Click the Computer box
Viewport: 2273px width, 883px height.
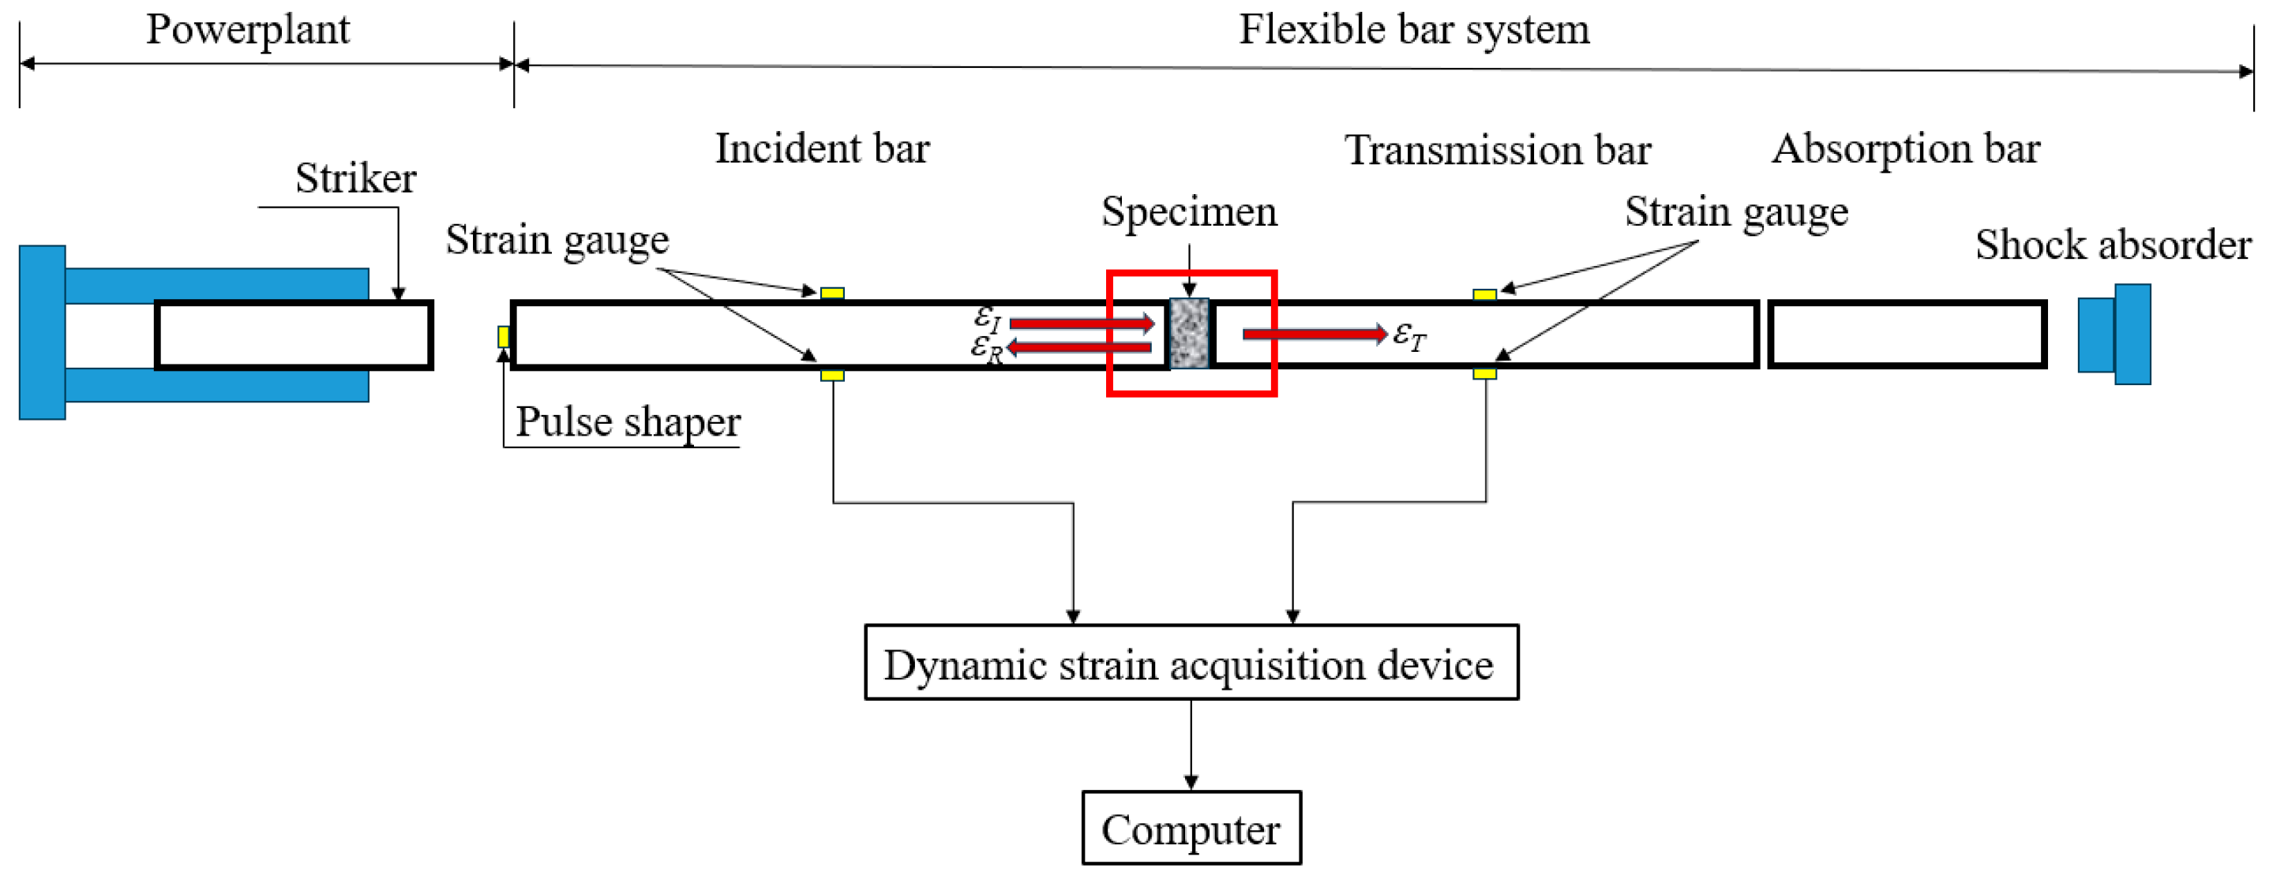pyautogui.click(x=1191, y=828)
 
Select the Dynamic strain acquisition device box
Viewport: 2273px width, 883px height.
pyautogui.click(x=1191, y=663)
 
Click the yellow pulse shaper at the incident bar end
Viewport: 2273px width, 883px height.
pyautogui.click(x=503, y=336)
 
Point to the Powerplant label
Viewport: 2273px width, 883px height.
pyautogui.click(x=247, y=29)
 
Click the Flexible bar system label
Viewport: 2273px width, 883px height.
pyautogui.click(x=1413, y=29)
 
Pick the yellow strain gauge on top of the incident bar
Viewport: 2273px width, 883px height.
pyautogui.click(x=831, y=293)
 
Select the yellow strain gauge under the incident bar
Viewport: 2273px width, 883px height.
pyautogui.click(x=831, y=375)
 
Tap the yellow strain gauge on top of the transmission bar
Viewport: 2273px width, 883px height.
pyautogui.click(x=1484, y=294)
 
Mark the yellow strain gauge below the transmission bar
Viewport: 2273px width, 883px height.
pyautogui.click(x=1484, y=374)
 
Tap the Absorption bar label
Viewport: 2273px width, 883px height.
pyautogui.click(x=1905, y=148)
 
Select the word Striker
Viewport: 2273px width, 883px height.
pyautogui.click(x=354, y=178)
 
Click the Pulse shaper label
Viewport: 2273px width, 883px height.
pyautogui.click(x=628, y=421)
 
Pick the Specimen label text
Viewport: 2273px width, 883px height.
pyautogui.click(x=1188, y=211)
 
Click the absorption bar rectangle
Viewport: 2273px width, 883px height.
pyautogui.click(x=1906, y=335)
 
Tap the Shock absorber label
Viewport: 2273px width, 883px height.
pyautogui.click(x=2113, y=245)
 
